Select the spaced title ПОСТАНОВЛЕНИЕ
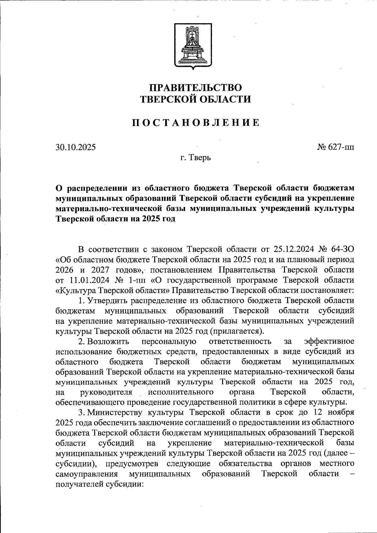point(195,122)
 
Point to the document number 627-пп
point(341,147)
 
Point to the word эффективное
point(329,341)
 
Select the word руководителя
point(106,392)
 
